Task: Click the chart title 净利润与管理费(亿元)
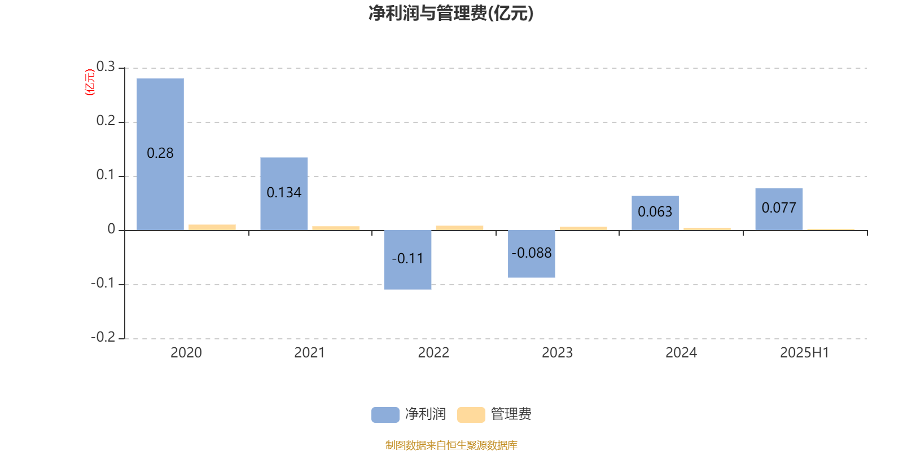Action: coord(451,14)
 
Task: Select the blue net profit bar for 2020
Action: coord(160,154)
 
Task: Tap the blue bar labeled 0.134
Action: coord(284,194)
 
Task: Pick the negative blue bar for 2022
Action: coord(407,260)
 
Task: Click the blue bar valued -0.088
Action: coord(531,254)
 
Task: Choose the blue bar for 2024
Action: coord(655,213)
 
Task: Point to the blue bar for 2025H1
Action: coord(779,209)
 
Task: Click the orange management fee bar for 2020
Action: coord(212,228)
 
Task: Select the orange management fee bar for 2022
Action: coord(459,228)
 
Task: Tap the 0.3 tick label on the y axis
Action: coord(106,67)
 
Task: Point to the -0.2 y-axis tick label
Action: coord(103,337)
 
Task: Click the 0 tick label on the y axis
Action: coord(111,229)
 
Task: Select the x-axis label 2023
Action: coord(557,353)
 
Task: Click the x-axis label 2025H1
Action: coord(805,353)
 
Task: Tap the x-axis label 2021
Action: coord(310,353)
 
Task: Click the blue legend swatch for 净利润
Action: coord(385,415)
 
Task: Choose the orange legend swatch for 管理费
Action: coord(471,415)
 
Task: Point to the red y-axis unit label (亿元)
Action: coord(90,82)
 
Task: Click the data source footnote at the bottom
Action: coord(451,445)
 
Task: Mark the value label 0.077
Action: coord(779,208)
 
